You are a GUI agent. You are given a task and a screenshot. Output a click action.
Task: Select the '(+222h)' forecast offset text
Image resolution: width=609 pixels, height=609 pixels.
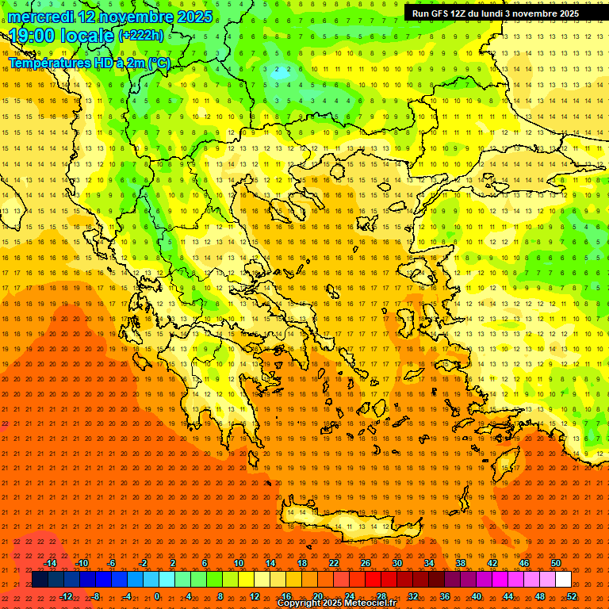coord(141,36)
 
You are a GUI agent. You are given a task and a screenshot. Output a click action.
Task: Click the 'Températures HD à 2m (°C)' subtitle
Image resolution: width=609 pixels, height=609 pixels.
coord(90,63)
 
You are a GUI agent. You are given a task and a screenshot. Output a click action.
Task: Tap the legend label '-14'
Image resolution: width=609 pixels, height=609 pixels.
coord(51,563)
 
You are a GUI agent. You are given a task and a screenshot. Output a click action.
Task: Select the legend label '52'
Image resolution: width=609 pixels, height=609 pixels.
coord(572,596)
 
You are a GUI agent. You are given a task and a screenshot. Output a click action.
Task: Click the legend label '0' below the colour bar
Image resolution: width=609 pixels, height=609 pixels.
coord(158,596)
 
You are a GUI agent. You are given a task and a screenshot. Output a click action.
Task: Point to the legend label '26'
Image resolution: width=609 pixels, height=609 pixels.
coord(366,563)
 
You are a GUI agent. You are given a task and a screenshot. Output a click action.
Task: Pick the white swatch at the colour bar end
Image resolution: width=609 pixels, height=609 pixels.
coord(563,580)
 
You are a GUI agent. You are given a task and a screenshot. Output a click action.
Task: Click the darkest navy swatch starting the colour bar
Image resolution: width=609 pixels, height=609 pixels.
coord(40,580)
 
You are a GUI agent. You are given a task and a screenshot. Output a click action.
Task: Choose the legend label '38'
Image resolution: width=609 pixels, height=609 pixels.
coord(461,563)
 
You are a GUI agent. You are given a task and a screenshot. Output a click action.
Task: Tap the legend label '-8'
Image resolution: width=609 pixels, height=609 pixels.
coord(96,596)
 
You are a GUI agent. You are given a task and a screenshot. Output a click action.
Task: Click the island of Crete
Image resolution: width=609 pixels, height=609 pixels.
coord(341,519)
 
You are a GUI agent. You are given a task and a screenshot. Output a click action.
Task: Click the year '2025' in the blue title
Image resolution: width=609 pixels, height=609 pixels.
coord(194,17)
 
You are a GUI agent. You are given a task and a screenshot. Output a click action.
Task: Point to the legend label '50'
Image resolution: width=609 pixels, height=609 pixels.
coord(556,563)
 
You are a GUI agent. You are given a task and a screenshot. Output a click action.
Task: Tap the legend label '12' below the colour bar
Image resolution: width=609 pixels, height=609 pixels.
coord(255,596)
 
